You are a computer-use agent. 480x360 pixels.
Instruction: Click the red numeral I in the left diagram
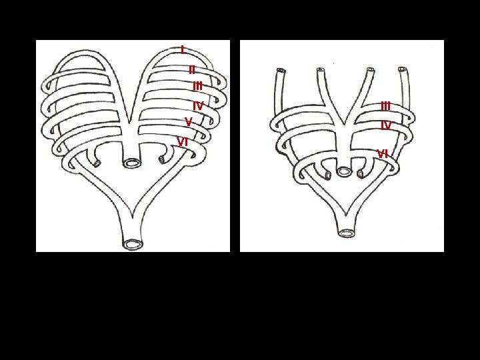(x=182, y=49)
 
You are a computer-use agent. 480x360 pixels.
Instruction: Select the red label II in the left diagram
(x=192, y=69)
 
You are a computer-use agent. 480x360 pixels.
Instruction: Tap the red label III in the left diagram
(x=197, y=86)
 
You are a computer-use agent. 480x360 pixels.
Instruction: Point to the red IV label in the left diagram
(x=198, y=106)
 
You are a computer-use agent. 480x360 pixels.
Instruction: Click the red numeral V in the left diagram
(x=189, y=121)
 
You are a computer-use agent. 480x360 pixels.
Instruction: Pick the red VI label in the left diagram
(x=183, y=141)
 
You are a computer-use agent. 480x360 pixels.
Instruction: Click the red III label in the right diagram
(x=386, y=106)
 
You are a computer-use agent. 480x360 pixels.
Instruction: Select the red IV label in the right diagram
(x=385, y=125)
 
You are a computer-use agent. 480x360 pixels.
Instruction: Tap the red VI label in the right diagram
(x=383, y=154)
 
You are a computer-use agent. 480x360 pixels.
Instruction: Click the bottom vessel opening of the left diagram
(x=133, y=244)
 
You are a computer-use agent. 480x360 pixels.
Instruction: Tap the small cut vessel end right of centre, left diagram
(x=163, y=159)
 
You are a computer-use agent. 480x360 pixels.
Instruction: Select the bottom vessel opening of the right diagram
(x=347, y=233)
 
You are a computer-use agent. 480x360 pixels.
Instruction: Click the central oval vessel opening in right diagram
(x=344, y=171)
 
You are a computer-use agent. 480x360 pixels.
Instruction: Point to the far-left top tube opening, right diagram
(x=280, y=69)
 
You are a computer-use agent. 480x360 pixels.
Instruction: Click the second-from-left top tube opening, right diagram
(x=321, y=69)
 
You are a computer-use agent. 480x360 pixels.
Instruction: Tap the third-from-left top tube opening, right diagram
(x=369, y=69)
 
